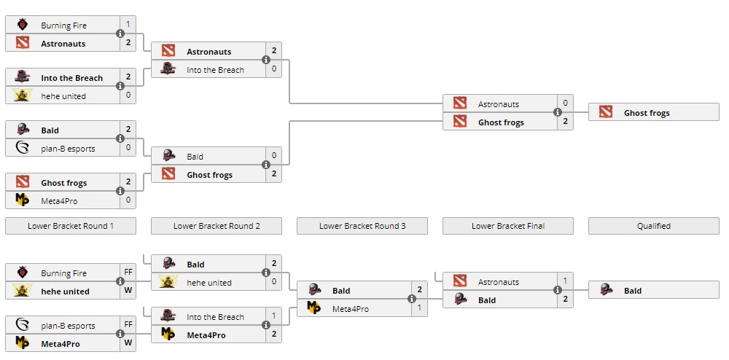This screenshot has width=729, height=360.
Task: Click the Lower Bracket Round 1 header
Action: [x=71, y=226]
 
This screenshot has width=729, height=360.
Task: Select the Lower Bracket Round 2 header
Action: [x=217, y=226]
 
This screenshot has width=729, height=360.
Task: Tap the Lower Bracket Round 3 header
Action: [x=362, y=226]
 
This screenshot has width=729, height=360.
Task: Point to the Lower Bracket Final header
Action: [x=508, y=226]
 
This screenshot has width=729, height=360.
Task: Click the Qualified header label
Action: [x=654, y=226]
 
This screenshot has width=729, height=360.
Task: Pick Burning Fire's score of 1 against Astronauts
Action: [x=128, y=25]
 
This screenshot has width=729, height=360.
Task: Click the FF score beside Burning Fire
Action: [x=128, y=273]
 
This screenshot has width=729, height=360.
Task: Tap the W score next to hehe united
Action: [x=128, y=291]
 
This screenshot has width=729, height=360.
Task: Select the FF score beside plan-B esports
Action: [x=128, y=326]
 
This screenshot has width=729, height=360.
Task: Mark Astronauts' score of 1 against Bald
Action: [x=565, y=281]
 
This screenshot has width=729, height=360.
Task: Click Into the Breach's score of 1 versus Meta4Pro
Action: [x=273, y=316]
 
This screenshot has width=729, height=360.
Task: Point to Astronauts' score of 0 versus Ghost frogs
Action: [x=565, y=104]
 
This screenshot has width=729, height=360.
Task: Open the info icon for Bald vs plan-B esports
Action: [x=120, y=139]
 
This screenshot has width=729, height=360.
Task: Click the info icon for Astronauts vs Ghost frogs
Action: [x=558, y=113]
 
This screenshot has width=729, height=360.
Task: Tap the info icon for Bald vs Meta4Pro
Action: [x=412, y=299]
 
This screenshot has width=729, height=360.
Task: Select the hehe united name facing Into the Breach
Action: [x=63, y=96]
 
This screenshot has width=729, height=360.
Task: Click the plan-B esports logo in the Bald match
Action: [x=23, y=149]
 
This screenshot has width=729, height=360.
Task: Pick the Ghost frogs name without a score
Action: [x=647, y=113]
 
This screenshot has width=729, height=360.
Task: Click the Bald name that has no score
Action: [x=633, y=291]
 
